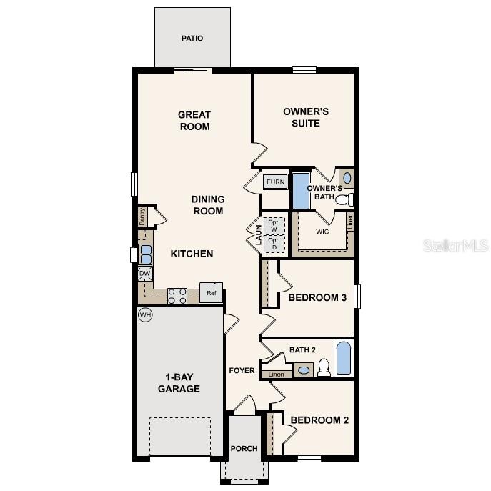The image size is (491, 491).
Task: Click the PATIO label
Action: [x=192, y=38]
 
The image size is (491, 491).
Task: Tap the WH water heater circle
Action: [x=145, y=314]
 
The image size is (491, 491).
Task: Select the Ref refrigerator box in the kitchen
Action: [x=212, y=293]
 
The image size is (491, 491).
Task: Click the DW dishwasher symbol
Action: [x=144, y=273]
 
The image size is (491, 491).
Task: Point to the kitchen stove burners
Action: [x=177, y=296]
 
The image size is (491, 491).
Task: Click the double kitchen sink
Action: [x=145, y=254]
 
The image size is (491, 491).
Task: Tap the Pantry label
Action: [x=142, y=217]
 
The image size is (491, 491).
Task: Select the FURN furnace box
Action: [x=276, y=182]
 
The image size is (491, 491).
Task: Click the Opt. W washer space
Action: [x=273, y=225]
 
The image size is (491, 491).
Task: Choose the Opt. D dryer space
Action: [x=273, y=244]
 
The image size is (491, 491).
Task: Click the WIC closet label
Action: [x=322, y=232]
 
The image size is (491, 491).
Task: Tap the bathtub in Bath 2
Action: [x=343, y=359]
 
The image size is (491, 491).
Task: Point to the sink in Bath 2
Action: [x=304, y=370]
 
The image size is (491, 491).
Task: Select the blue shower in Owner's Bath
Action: [x=300, y=190]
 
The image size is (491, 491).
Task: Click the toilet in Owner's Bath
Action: [x=344, y=199]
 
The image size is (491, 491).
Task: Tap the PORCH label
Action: [x=244, y=449]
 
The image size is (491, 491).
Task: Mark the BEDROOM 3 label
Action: [x=317, y=297]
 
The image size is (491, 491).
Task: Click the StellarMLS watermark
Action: [x=456, y=245]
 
